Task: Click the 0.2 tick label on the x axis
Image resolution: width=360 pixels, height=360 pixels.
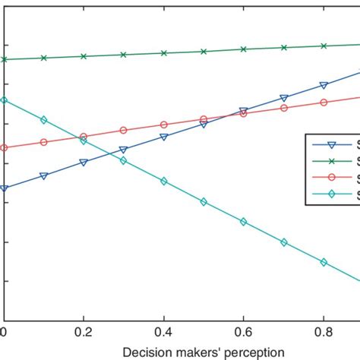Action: point(84,332)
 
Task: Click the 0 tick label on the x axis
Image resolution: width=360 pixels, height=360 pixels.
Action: point(4,332)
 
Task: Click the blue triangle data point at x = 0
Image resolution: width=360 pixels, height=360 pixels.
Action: point(4,189)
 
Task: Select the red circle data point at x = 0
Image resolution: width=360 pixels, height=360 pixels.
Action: point(4,148)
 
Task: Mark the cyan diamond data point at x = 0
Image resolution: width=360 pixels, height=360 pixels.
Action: point(4,100)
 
